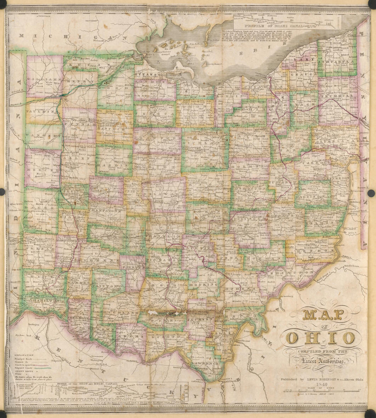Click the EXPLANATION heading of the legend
[x=24, y=355]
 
